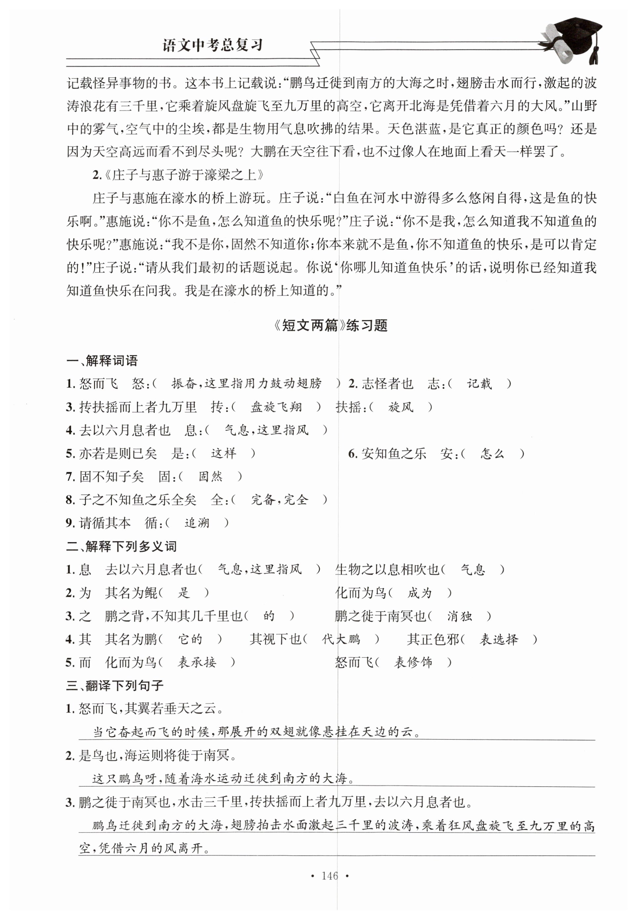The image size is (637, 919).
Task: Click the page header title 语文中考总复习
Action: tap(212, 45)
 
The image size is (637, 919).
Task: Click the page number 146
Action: tap(330, 875)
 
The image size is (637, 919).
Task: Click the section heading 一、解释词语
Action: tap(102, 361)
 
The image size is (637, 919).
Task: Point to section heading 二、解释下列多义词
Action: tap(121, 546)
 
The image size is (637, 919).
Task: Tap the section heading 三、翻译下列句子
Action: tap(115, 685)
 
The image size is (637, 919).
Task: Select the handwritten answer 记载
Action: tap(479, 384)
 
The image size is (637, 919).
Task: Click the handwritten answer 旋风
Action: tap(401, 407)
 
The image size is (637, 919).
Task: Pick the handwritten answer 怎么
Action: tap(493, 454)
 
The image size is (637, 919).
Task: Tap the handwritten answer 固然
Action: tap(210, 476)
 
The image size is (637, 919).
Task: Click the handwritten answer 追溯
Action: tap(197, 523)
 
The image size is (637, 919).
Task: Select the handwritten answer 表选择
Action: tap(499, 639)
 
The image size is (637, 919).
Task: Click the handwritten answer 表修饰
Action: tap(413, 663)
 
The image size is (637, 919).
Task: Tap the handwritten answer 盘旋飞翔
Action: tap(276, 407)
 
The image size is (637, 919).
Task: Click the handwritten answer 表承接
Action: tap(197, 663)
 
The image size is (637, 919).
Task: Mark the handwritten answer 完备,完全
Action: tap(280, 499)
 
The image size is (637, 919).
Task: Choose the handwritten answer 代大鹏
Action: tap(341, 639)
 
